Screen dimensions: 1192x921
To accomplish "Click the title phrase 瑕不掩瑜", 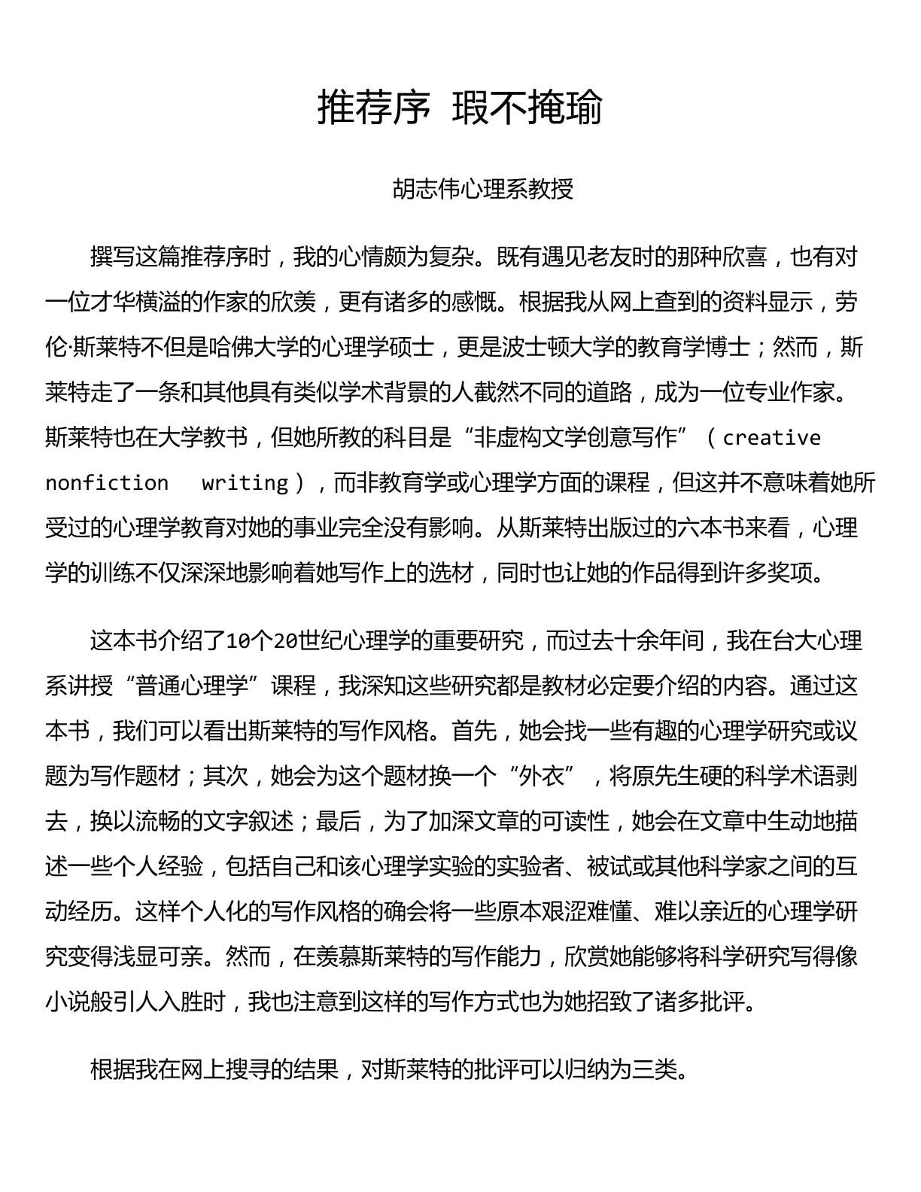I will [x=527, y=108].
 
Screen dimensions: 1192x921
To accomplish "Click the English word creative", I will [x=772, y=437].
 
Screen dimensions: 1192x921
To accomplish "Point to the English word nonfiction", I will [x=107, y=482].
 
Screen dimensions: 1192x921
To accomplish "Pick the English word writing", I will [x=245, y=482].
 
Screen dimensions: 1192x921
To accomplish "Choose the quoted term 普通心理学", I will [x=193, y=686].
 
